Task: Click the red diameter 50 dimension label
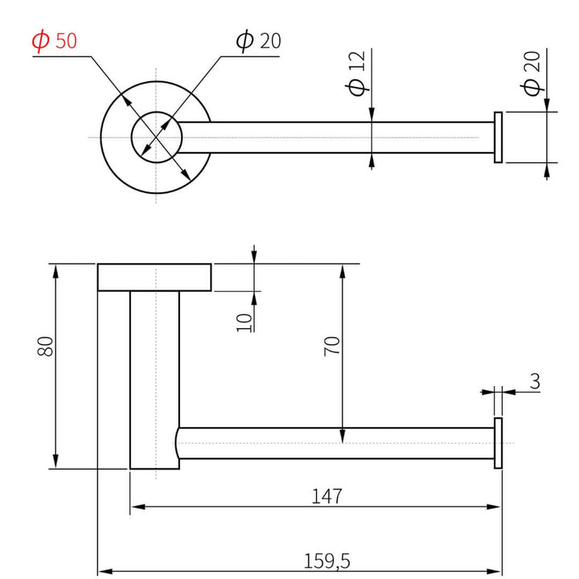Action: click(x=55, y=40)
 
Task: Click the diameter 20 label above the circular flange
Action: click(x=258, y=40)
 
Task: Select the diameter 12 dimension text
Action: click(x=358, y=74)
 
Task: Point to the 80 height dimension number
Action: click(x=46, y=347)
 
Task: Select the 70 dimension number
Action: click(x=333, y=347)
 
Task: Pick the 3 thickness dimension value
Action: click(x=535, y=382)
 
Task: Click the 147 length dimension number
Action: click(x=327, y=496)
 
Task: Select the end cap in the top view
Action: click(x=499, y=138)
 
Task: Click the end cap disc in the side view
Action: click(x=499, y=443)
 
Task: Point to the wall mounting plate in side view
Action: click(x=154, y=276)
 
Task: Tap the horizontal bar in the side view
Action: click(x=338, y=443)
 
